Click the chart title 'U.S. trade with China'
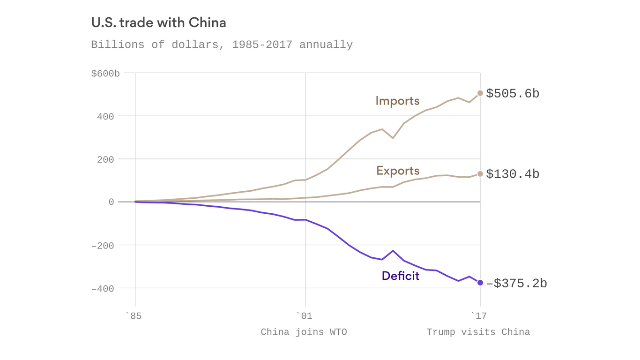(158, 22)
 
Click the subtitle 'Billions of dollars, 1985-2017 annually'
(222, 45)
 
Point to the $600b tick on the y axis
(105, 74)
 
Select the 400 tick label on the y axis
(105, 116)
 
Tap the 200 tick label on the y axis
(105, 159)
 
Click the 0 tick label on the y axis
(111, 202)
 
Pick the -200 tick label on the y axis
(103, 246)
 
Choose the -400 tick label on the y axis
(103, 289)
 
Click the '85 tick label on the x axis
(134, 316)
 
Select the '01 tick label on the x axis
(304, 316)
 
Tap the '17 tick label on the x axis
(478, 316)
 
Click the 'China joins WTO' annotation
(304, 332)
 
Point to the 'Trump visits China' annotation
(478, 332)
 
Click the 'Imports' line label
(397, 101)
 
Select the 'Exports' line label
(398, 171)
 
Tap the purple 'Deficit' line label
(401, 276)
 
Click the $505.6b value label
(513, 94)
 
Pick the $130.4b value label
(513, 174)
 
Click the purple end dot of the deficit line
(480, 283)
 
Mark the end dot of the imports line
(480, 93)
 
